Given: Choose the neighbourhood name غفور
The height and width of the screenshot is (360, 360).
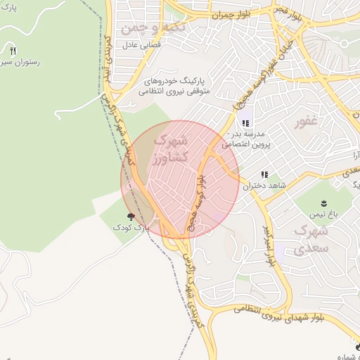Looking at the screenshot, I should [307, 120].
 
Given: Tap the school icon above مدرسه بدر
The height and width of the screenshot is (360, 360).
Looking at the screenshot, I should [245, 123].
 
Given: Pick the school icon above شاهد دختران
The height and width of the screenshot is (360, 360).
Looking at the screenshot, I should [264, 174].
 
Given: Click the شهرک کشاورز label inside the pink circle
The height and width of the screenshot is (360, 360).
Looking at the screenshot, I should [169, 150].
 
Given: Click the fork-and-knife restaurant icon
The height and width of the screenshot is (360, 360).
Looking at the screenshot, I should [13, 51].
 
